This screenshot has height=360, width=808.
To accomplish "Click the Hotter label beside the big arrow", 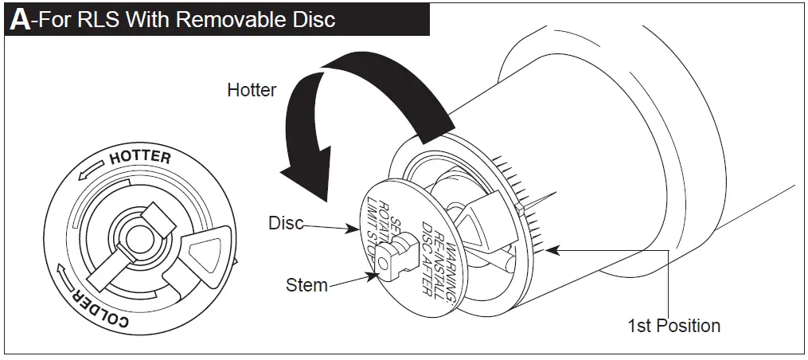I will [252, 89].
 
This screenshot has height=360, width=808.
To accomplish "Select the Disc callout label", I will [286, 223].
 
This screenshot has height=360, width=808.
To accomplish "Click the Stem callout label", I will [306, 284].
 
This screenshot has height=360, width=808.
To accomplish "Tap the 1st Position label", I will [673, 326].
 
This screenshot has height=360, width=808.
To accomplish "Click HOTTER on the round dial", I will [140, 157].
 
